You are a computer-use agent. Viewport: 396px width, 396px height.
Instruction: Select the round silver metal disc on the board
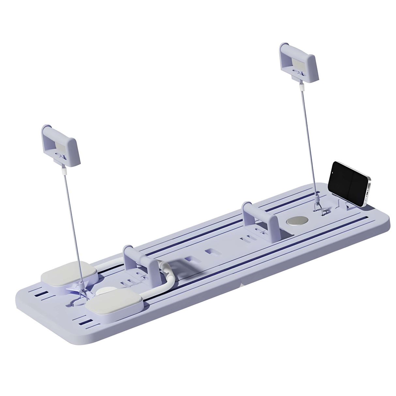click(x=297, y=221)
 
